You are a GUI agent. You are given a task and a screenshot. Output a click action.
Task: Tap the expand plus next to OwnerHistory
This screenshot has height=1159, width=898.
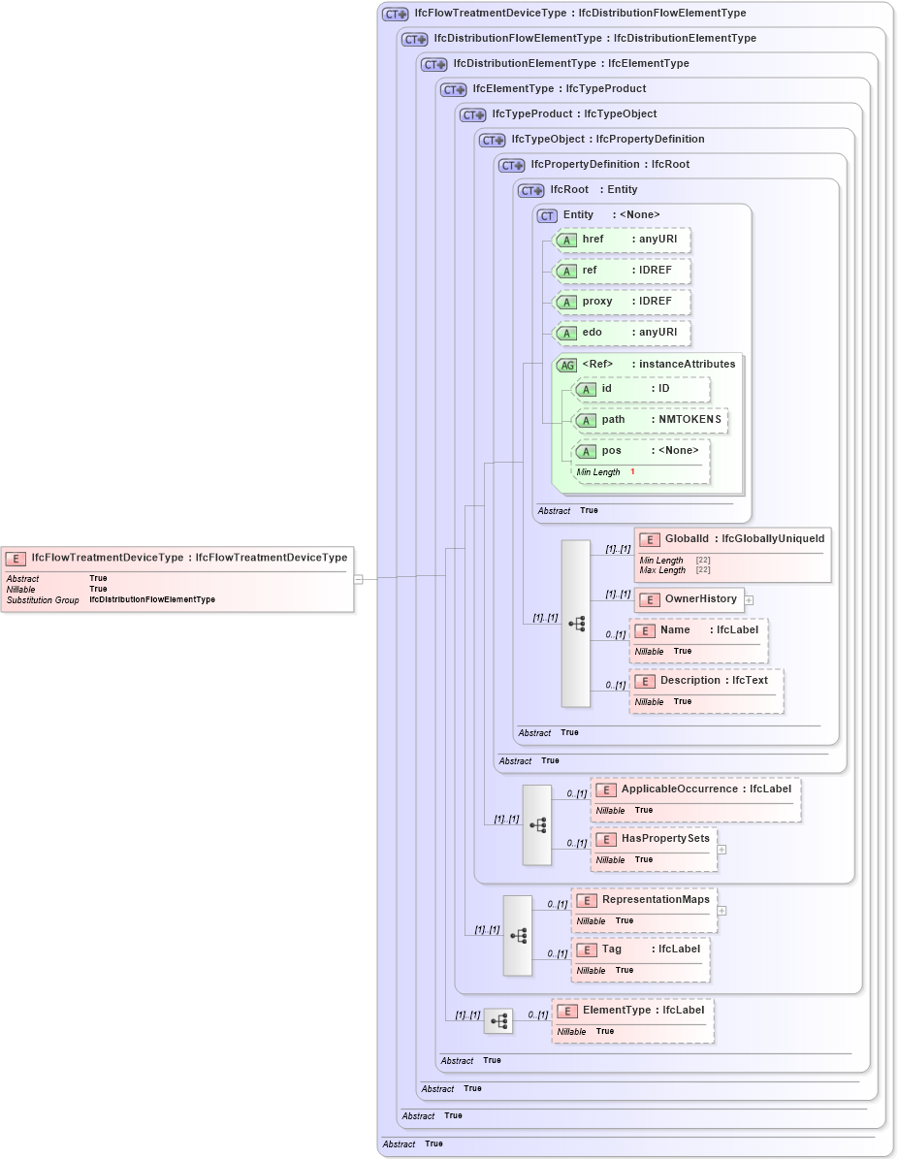tap(749, 600)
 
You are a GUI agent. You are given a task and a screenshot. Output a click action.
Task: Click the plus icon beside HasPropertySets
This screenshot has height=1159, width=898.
tap(722, 849)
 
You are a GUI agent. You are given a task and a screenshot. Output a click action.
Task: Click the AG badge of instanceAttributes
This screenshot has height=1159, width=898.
tap(566, 365)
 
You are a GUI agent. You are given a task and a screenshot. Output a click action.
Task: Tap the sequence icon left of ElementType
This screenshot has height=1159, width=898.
tap(498, 1020)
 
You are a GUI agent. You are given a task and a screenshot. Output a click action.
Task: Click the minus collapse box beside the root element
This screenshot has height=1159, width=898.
tap(358, 579)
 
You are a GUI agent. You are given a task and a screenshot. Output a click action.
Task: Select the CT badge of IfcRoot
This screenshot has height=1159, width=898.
tap(530, 190)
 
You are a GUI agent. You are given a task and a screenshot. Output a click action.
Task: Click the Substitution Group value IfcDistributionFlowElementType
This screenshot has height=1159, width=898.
tap(152, 600)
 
